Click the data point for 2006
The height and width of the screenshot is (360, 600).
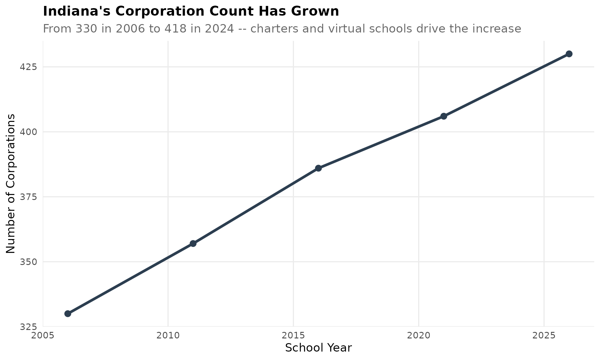click(68, 313)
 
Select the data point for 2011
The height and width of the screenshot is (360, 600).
click(193, 243)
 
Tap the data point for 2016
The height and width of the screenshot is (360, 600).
click(318, 168)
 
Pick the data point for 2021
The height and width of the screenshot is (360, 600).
click(444, 116)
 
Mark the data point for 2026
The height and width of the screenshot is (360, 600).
click(569, 54)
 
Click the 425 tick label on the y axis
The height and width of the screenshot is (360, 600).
click(29, 67)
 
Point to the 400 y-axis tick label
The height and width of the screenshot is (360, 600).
click(29, 132)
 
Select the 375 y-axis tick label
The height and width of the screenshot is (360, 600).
click(29, 197)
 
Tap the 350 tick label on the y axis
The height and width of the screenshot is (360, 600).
click(29, 262)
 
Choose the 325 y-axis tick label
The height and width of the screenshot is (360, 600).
click(29, 327)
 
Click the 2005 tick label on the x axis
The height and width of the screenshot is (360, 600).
click(43, 336)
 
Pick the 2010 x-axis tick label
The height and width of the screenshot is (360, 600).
click(168, 336)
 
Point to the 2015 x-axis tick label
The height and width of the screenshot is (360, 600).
click(293, 336)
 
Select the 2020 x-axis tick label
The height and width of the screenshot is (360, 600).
click(419, 336)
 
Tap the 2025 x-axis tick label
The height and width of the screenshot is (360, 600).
click(544, 336)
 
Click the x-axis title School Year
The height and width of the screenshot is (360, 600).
click(318, 348)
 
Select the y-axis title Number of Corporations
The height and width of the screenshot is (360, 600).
click(11, 184)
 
